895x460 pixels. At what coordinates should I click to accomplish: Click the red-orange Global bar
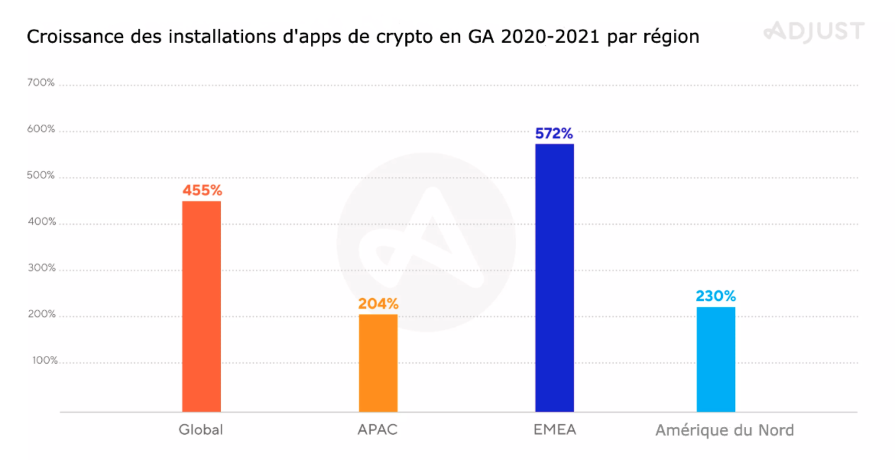pyautogui.click(x=201, y=306)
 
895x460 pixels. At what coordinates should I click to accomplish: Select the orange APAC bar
pyautogui.click(x=378, y=363)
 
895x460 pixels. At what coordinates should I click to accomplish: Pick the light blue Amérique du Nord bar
pyautogui.click(x=716, y=359)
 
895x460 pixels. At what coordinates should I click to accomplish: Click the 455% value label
pyautogui.click(x=202, y=190)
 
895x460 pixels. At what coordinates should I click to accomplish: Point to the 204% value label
pyautogui.click(x=378, y=304)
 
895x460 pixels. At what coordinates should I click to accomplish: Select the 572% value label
pyautogui.click(x=554, y=133)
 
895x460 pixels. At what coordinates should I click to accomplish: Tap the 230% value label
pyautogui.click(x=715, y=296)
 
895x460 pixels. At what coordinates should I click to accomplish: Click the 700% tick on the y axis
pyautogui.click(x=41, y=83)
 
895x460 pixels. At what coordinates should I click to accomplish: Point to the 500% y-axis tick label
pyautogui.click(x=41, y=175)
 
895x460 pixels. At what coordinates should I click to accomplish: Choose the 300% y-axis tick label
pyautogui.click(x=42, y=268)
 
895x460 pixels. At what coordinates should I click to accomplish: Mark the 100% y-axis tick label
pyautogui.click(x=45, y=360)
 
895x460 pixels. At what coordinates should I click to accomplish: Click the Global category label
pyautogui.click(x=201, y=430)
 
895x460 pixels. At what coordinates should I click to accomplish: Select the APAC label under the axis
pyautogui.click(x=378, y=430)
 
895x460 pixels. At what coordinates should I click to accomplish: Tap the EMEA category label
pyautogui.click(x=555, y=430)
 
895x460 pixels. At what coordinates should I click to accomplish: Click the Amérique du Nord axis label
pyautogui.click(x=724, y=430)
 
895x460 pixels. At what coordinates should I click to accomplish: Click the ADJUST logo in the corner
pyautogui.click(x=814, y=31)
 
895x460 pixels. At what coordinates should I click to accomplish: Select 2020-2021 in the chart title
pyautogui.click(x=550, y=37)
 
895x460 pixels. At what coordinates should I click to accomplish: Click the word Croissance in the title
pyautogui.click(x=75, y=37)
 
